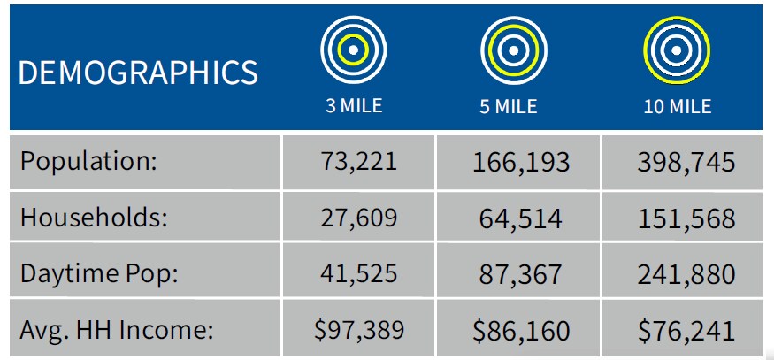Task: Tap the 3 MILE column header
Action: tap(352, 106)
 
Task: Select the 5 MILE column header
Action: tap(509, 107)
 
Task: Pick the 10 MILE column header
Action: tap(677, 107)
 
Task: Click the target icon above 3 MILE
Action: tap(352, 50)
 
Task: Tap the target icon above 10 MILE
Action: tap(677, 50)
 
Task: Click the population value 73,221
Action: tap(359, 163)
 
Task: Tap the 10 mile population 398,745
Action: tap(686, 163)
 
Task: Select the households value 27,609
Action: tap(359, 218)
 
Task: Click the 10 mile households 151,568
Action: tap(686, 218)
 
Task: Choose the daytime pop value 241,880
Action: tap(686, 273)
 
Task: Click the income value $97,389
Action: tap(359, 330)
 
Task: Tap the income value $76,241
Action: tap(686, 330)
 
